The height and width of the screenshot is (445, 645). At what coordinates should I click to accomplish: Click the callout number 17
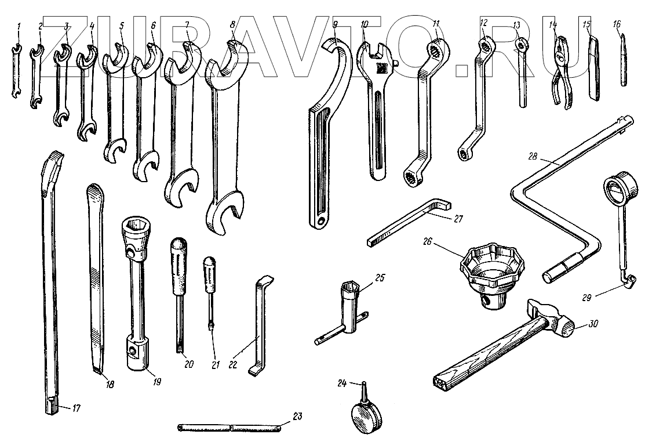76,408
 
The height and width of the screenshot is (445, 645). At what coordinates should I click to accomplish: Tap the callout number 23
297,415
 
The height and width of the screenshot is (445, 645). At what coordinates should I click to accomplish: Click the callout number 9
336,24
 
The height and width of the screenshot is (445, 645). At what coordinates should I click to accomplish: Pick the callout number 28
534,156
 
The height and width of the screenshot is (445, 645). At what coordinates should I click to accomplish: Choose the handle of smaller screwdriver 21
209,276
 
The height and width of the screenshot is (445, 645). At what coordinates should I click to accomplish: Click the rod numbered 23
232,429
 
